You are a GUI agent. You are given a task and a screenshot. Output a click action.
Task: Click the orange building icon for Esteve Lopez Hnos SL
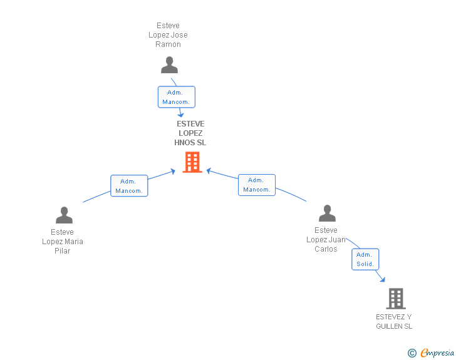pos(192,162)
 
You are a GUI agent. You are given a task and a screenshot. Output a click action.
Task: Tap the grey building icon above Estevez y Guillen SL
pos(396,299)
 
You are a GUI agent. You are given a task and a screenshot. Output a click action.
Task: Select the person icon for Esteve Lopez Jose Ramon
pos(169,65)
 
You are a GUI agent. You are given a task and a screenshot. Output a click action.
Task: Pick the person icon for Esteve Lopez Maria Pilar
pos(64,215)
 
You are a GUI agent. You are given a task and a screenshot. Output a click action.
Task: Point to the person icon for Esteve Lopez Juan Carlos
pos(327,213)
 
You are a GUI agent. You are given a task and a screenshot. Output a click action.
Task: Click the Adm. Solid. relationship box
pos(365,259)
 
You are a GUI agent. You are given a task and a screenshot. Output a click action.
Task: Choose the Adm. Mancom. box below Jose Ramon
pos(176,97)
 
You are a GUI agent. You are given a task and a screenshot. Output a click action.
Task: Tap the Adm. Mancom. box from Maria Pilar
pos(129,186)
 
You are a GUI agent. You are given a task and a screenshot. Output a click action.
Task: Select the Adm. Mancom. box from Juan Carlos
pos(257,185)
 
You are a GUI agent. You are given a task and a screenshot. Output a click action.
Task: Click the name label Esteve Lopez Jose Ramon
pos(168,35)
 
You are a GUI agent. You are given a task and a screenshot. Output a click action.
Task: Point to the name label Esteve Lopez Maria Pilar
pos(63,242)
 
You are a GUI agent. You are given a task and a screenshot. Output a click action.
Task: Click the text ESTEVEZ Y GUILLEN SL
pos(394,321)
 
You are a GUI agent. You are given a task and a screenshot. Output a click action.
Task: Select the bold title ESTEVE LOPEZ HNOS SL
pos(190,133)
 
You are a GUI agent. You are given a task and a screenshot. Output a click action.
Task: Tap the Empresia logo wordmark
pos(437,352)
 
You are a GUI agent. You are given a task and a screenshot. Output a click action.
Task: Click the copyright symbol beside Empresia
pos(412,353)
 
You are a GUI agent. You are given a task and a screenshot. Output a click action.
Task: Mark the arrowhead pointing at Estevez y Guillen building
pos(383,280)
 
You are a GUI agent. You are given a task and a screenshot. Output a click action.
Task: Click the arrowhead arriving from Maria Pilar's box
pos(173,172)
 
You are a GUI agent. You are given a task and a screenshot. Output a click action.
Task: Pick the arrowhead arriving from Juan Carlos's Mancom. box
pos(209,171)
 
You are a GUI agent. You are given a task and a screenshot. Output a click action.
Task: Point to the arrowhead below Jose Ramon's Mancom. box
pos(180,115)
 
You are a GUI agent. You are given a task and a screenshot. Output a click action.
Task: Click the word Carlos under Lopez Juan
pos(326,249)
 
